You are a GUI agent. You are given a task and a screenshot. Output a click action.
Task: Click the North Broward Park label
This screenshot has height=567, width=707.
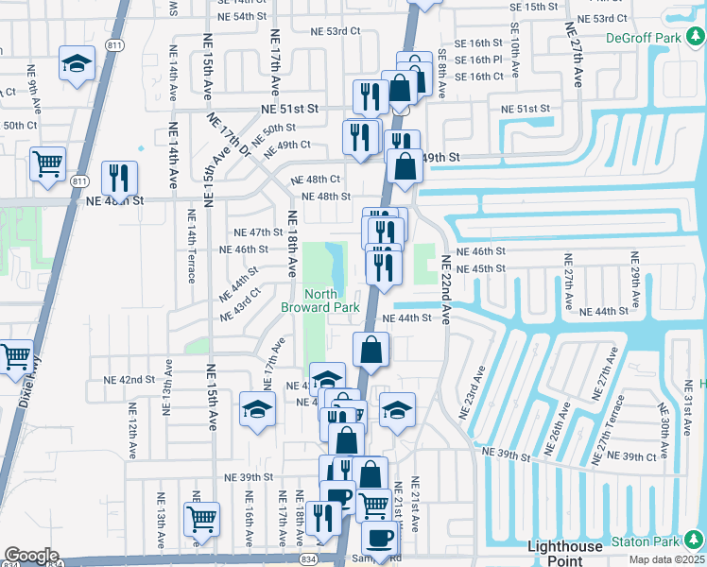pos(320,301)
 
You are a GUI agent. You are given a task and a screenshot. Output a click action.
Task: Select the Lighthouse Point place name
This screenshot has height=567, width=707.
pos(565,553)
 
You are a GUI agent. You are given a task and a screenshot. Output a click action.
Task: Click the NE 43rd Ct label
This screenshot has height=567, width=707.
pos(240,305)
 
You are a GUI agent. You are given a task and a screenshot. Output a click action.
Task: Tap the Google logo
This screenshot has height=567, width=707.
pos(31,556)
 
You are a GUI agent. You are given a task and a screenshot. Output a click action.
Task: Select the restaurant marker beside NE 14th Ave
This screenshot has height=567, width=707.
pos(119,177)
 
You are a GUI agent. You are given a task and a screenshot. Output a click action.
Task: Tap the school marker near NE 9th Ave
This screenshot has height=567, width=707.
pos(77,63)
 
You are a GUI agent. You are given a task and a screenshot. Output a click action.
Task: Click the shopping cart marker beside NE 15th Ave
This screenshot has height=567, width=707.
pos(201,518)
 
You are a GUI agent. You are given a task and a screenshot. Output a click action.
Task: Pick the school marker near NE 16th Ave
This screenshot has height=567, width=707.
pos(256,408)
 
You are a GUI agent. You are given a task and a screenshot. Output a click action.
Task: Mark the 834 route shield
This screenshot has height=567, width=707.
pos(308,560)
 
